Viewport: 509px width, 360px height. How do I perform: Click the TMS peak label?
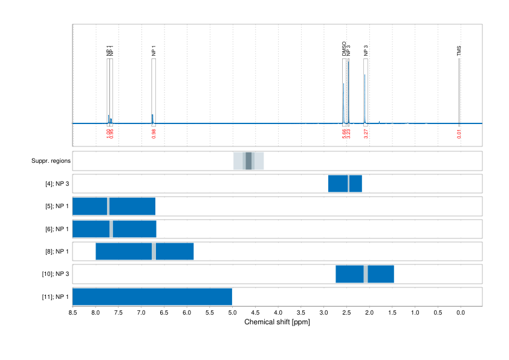(459, 51)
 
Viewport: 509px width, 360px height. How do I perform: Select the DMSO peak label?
(344, 49)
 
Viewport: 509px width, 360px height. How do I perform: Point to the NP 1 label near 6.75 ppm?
(154, 51)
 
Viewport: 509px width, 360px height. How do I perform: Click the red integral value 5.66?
(344, 134)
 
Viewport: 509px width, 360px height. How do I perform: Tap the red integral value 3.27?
(366, 134)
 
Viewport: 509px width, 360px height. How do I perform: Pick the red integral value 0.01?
(459, 134)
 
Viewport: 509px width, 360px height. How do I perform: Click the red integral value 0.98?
(154, 134)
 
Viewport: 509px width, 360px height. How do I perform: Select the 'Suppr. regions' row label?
(51, 161)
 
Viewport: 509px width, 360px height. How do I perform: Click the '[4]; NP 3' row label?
(57, 184)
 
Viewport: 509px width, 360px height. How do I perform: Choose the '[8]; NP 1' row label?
(57, 251)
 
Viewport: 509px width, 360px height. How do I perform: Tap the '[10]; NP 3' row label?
(56, 274)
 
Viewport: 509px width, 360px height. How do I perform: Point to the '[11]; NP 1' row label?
(56, 297)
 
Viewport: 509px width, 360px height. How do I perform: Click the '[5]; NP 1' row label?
(57, 206)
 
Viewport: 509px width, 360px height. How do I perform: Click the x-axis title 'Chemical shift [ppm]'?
(277, 322)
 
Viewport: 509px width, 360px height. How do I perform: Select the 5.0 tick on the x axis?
(232, 313)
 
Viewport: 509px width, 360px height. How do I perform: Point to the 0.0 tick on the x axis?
(460, 313)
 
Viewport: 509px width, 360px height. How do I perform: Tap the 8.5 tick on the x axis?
(73, 313)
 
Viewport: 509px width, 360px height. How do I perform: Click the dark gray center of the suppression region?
(248, 161)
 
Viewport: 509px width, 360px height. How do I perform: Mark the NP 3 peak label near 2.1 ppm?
(366, 51)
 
